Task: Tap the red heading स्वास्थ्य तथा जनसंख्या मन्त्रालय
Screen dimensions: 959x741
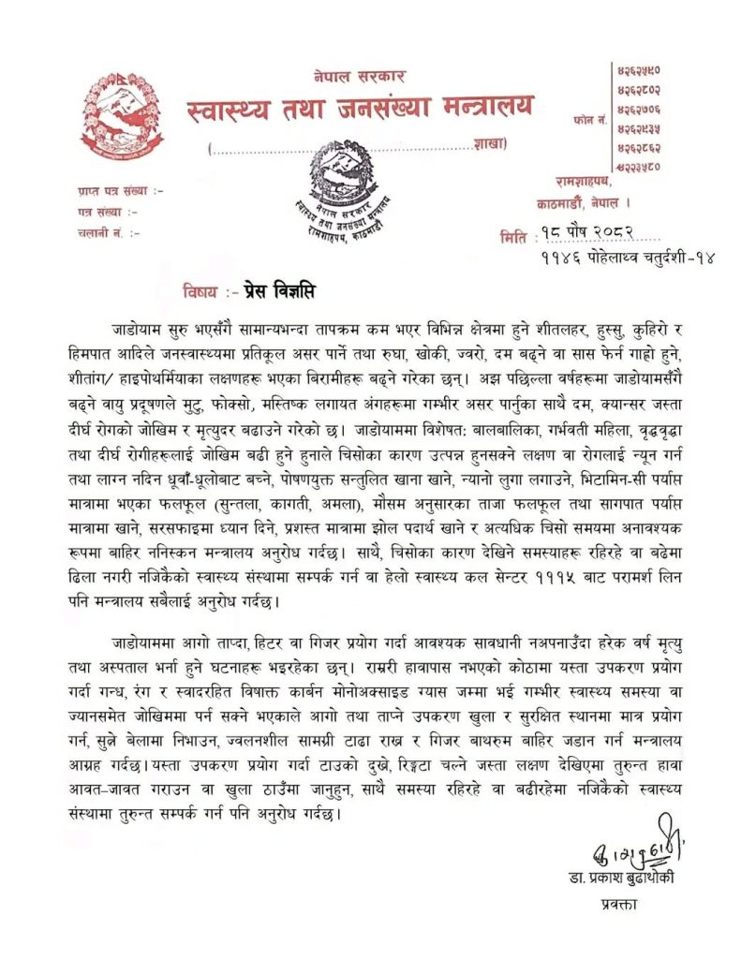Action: [x=360, y=110]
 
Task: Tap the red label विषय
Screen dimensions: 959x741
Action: [x=200, y=291]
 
